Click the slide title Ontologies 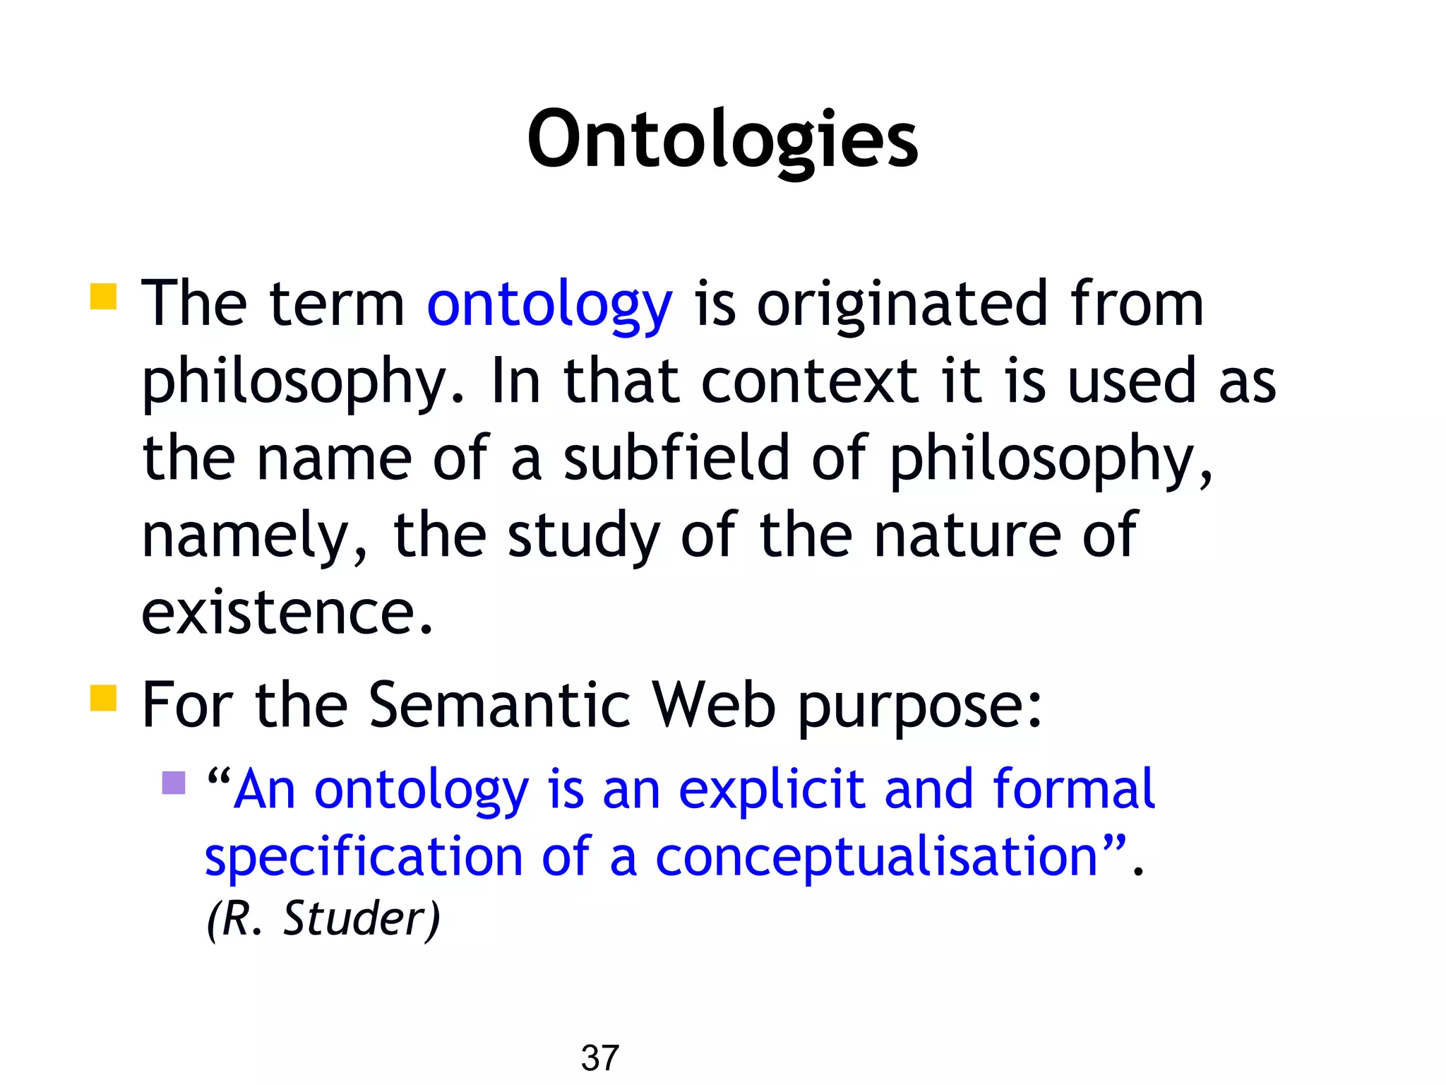722,139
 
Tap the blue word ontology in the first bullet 549,305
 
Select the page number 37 599,1058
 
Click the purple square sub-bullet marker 174,783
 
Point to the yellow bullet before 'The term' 103,297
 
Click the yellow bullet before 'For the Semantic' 103,697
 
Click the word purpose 919,706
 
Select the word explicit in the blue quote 771,789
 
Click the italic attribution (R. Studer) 323,918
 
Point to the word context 810,381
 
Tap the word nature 967,535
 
